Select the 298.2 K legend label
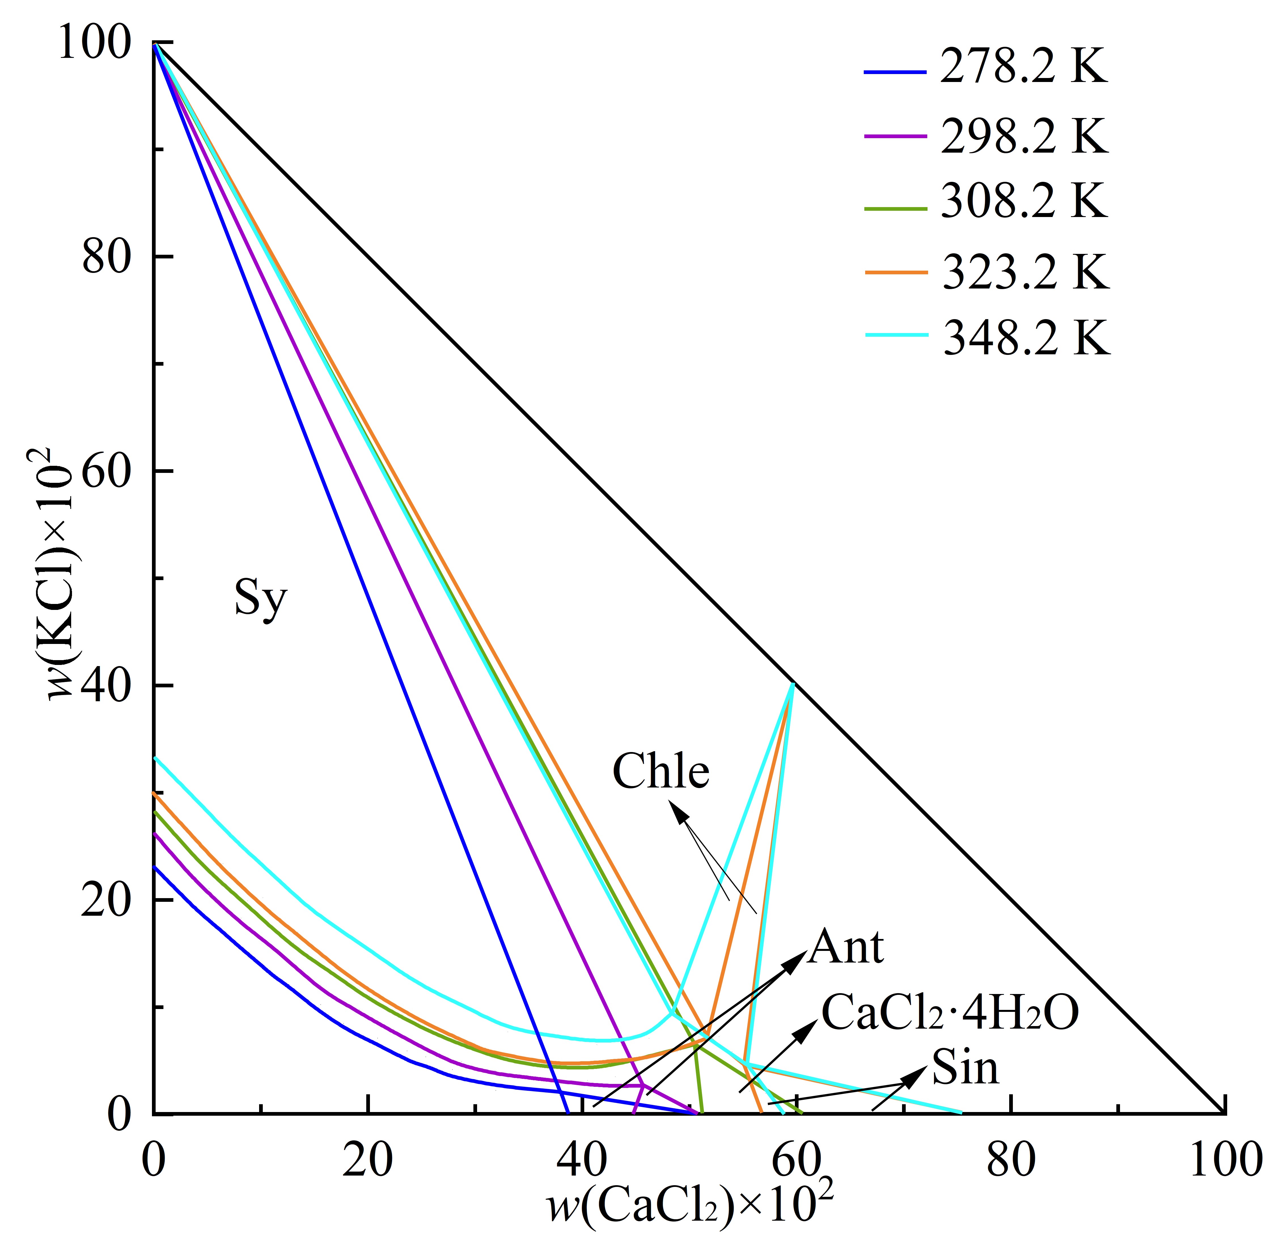coord(1023,137)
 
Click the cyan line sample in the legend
coord(896,336)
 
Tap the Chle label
coord(661,771)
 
